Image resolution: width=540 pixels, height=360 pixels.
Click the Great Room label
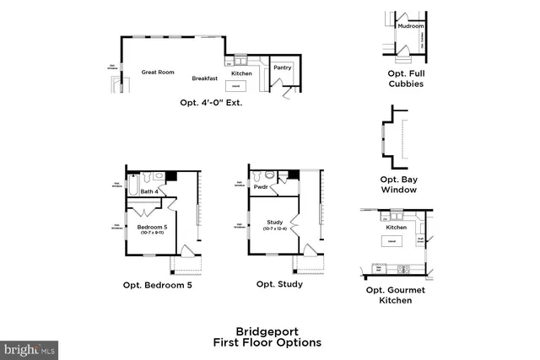pyautogui.click(x=158, y=73)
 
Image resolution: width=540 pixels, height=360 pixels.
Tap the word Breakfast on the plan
pyautogui.click(x=204, y=78)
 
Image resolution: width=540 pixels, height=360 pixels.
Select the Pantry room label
pyautogui.click(x=283, y=67)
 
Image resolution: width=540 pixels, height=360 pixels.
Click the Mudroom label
pyautogui.click(x=410, y=26)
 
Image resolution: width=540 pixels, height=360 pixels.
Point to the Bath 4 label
pyautogui.click(x=149, y=191)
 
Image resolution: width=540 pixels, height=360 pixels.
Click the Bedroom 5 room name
pyautogui.click(x=153, y=226)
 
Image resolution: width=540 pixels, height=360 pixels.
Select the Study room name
pyautogui.click(x=275, y=222)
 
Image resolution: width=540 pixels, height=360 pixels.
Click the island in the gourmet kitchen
pyautogui.click(x=391, y=242)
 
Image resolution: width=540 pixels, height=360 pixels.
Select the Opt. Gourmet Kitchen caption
pyautogui.click(x=395, y=294)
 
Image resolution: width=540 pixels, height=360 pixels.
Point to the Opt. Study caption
pyautogui.click(x=279, y=284)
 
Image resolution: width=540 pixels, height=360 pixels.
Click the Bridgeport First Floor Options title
pyautogui.click(x=267, y=337)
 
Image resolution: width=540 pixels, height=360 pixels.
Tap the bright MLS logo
pyautogui.click(x=30, y=347)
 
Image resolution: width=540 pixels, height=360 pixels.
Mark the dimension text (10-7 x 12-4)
pyautogui.click(x=275, y=228)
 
